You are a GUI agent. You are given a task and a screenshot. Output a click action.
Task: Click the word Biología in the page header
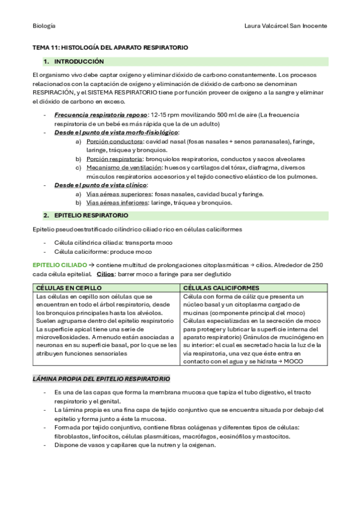[44, 26]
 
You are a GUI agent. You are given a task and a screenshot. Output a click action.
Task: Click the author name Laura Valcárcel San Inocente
[286, 26]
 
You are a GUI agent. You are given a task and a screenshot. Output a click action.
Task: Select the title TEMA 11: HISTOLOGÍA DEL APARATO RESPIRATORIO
[110, 47]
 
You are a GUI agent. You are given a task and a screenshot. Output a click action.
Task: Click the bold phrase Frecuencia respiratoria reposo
[101, 114]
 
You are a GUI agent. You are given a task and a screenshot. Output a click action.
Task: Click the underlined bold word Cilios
[106, 274]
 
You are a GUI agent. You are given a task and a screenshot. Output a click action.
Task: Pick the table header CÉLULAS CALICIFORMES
[221, 288]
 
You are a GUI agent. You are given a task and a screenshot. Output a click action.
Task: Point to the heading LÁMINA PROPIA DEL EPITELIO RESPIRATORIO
[101, 379]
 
